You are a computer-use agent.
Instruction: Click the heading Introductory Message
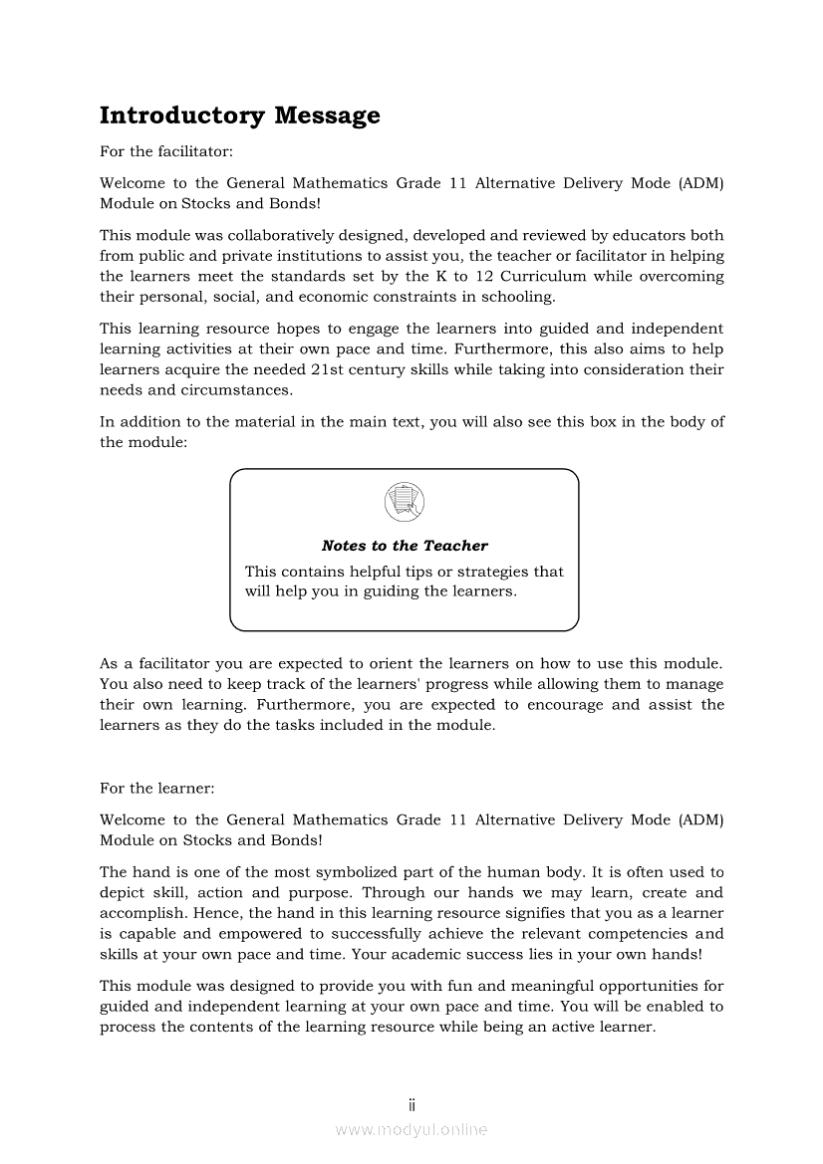(240, 116)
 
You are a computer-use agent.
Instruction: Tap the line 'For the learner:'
(156, 788)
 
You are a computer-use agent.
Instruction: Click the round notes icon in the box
(404, 501)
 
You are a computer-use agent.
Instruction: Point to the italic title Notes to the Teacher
(405, 546)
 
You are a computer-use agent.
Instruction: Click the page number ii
(411, 1105)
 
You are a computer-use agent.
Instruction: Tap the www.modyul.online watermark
(411, 1129)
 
